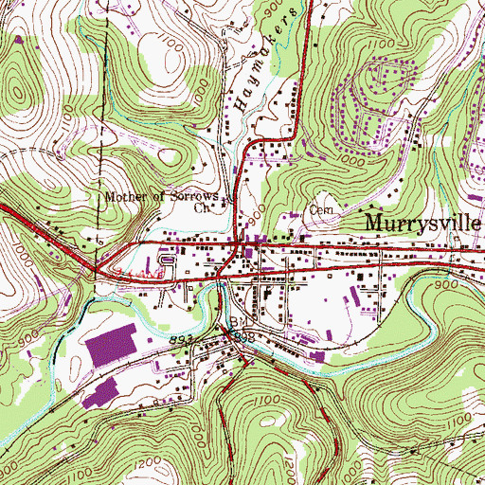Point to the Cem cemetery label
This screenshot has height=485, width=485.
coord(318,211)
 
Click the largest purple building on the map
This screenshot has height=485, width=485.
coord(117,344)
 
